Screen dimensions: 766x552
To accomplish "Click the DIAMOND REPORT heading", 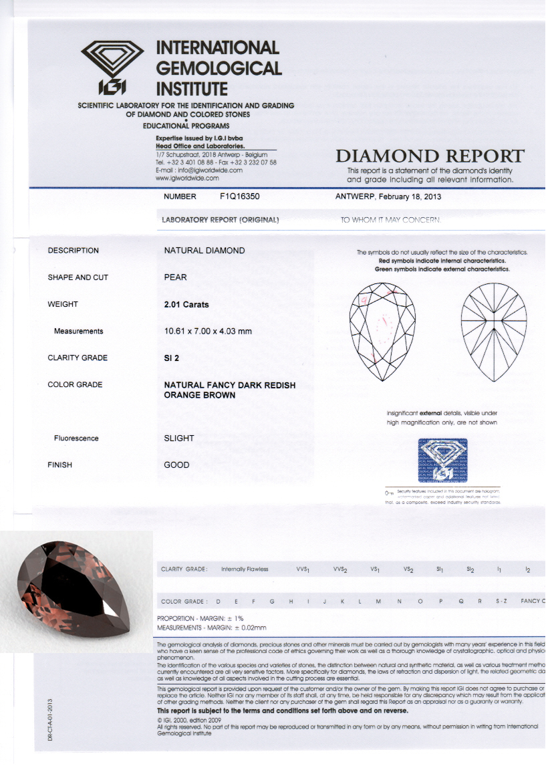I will [x=430, y=156].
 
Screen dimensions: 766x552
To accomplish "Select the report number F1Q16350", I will [x=243, y=197].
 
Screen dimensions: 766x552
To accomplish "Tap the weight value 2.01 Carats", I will [x=186, y=305].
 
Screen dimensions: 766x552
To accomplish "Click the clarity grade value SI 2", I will [x=172, y=358].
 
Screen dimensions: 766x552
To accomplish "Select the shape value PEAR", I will [x=175, y=277].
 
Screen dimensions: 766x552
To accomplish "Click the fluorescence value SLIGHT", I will [x=179, y=438].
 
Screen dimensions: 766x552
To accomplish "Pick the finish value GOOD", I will [x=176, y=465].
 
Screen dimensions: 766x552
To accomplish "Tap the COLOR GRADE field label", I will [x=75, y=385].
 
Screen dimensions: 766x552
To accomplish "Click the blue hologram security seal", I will [x=442, y=461].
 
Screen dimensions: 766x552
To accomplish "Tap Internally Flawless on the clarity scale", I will [x=245, y=569].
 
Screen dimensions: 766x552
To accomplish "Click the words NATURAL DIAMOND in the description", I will [x=204, y=251].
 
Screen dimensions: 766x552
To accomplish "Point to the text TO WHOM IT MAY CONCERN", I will [x=390, y=220].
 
